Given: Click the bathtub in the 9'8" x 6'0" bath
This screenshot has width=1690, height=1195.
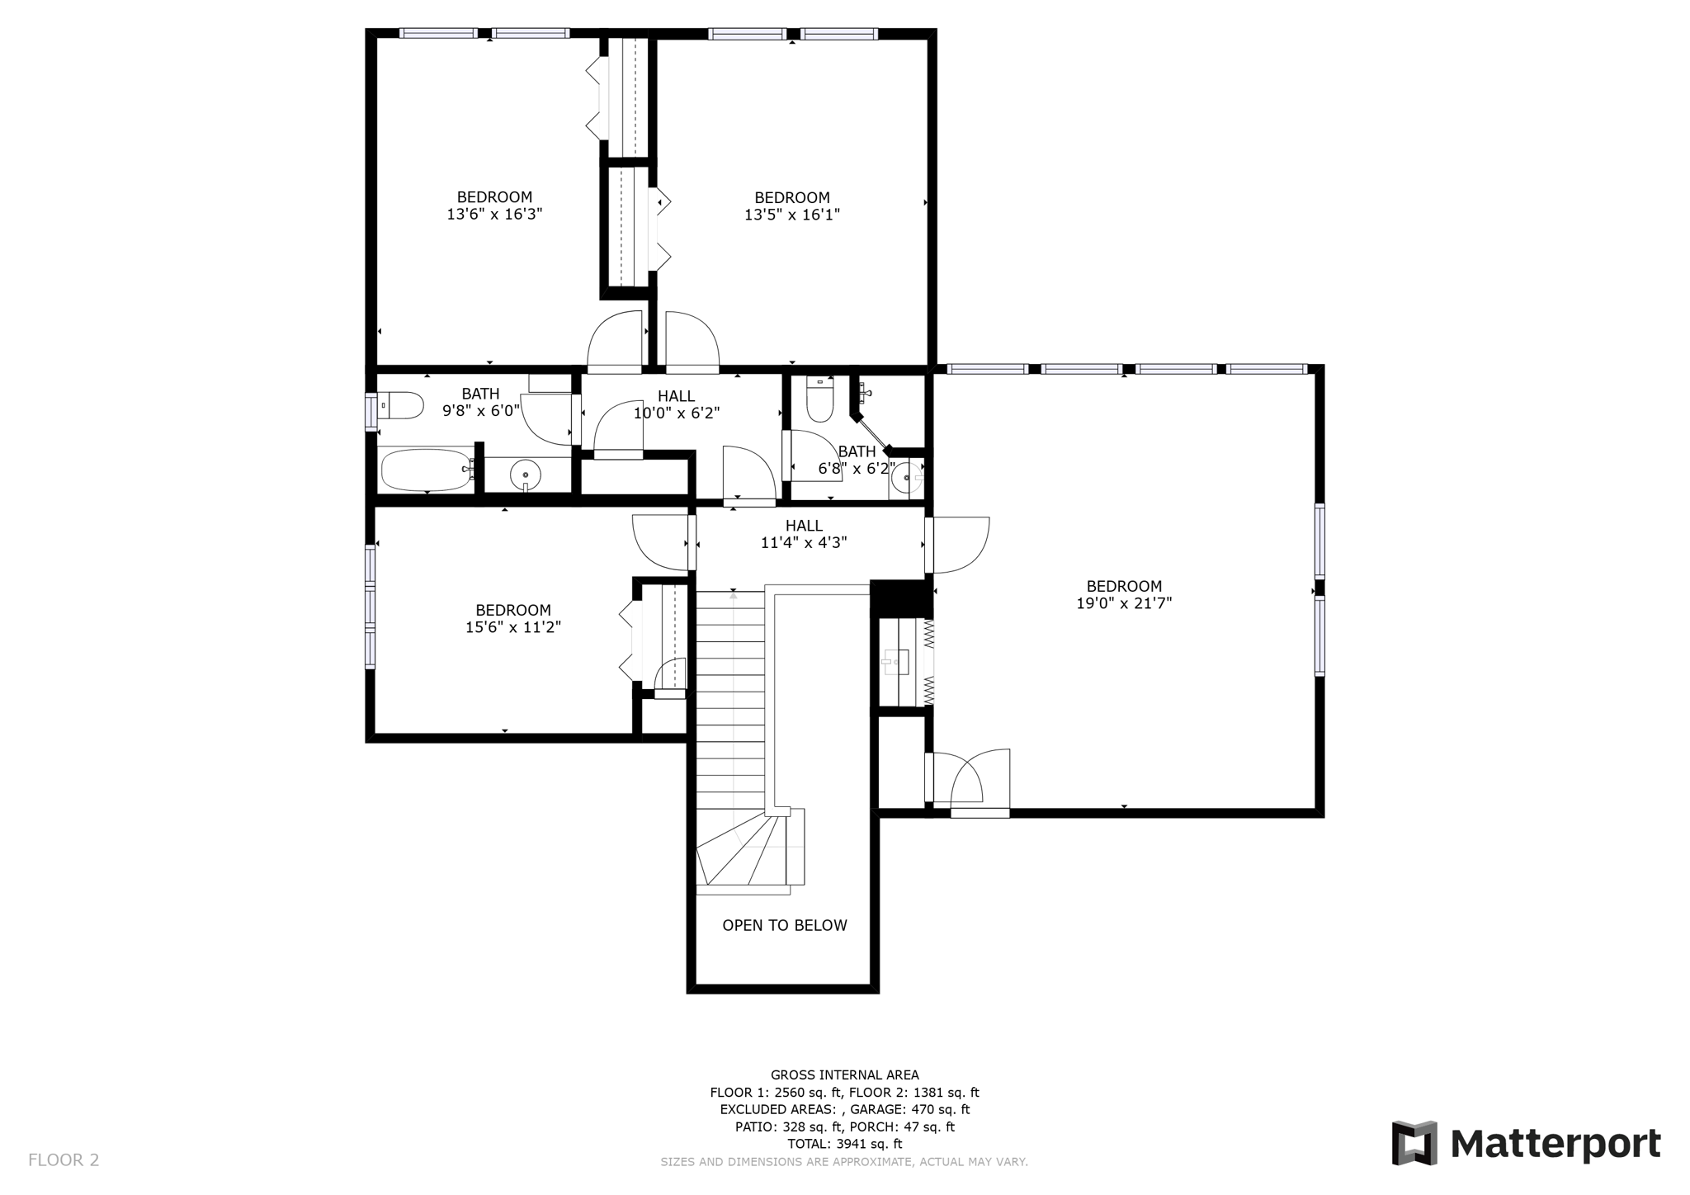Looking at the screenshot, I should coord(425,470).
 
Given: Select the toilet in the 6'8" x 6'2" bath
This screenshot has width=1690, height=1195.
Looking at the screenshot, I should coord(820,399).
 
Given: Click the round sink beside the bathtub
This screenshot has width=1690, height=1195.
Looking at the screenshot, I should coord(525,475).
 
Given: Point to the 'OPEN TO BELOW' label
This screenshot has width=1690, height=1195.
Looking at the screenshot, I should coord(784,925).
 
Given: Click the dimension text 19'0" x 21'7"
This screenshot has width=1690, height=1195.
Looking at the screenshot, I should coord(1123,603).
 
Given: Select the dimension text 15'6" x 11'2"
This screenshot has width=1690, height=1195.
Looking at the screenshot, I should coord(512,627).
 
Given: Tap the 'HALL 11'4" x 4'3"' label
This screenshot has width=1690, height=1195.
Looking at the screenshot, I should coord(803,534).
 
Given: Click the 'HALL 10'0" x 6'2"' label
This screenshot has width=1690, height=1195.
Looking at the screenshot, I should coord(676,404).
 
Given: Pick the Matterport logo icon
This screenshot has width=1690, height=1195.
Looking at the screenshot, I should coord(1414,1142).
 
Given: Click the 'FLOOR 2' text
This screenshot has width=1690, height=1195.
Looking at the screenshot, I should coord(64,1160).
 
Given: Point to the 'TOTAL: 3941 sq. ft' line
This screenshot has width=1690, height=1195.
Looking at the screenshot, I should coord(844,1144).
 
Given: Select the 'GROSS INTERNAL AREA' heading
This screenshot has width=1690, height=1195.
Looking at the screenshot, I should coord(844,1075).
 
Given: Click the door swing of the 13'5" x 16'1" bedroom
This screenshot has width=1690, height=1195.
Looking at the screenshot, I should coord(692,340).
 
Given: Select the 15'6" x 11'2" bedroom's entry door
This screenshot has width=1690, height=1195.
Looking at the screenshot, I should coord(661,541).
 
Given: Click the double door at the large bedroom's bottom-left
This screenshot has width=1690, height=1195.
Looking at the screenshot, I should coord(979,780).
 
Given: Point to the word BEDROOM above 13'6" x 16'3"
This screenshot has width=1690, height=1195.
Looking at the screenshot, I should coord(494,196).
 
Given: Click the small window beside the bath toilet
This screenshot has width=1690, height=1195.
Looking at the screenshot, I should coord(371,411).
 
